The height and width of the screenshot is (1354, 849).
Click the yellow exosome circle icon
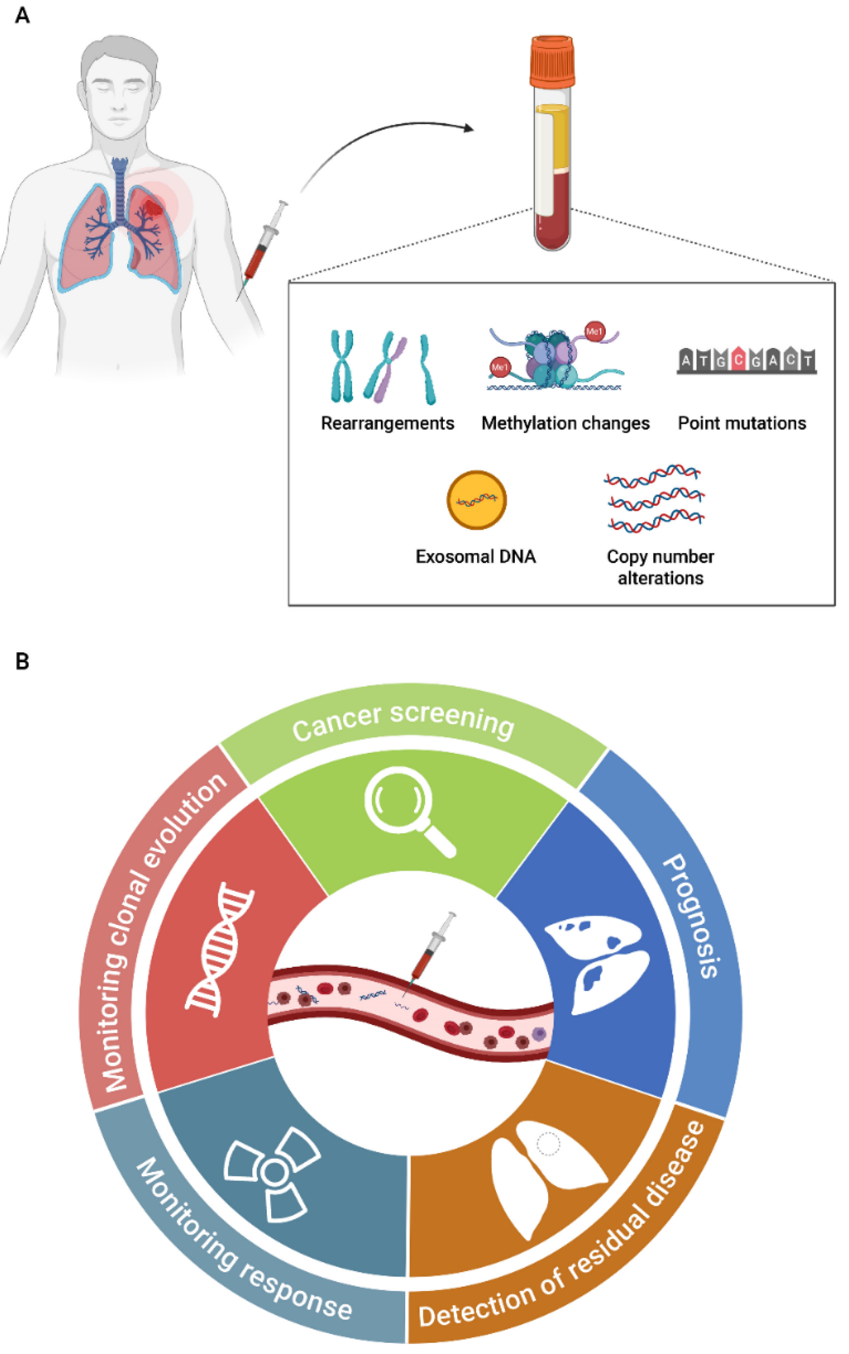tap(476, 500)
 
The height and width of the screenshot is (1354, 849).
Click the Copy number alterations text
tap(660, 567)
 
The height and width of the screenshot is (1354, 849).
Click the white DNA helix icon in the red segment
tap(219, 949)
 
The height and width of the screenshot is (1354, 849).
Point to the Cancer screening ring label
tap(403, 721)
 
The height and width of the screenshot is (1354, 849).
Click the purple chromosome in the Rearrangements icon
tap(391, 368)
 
